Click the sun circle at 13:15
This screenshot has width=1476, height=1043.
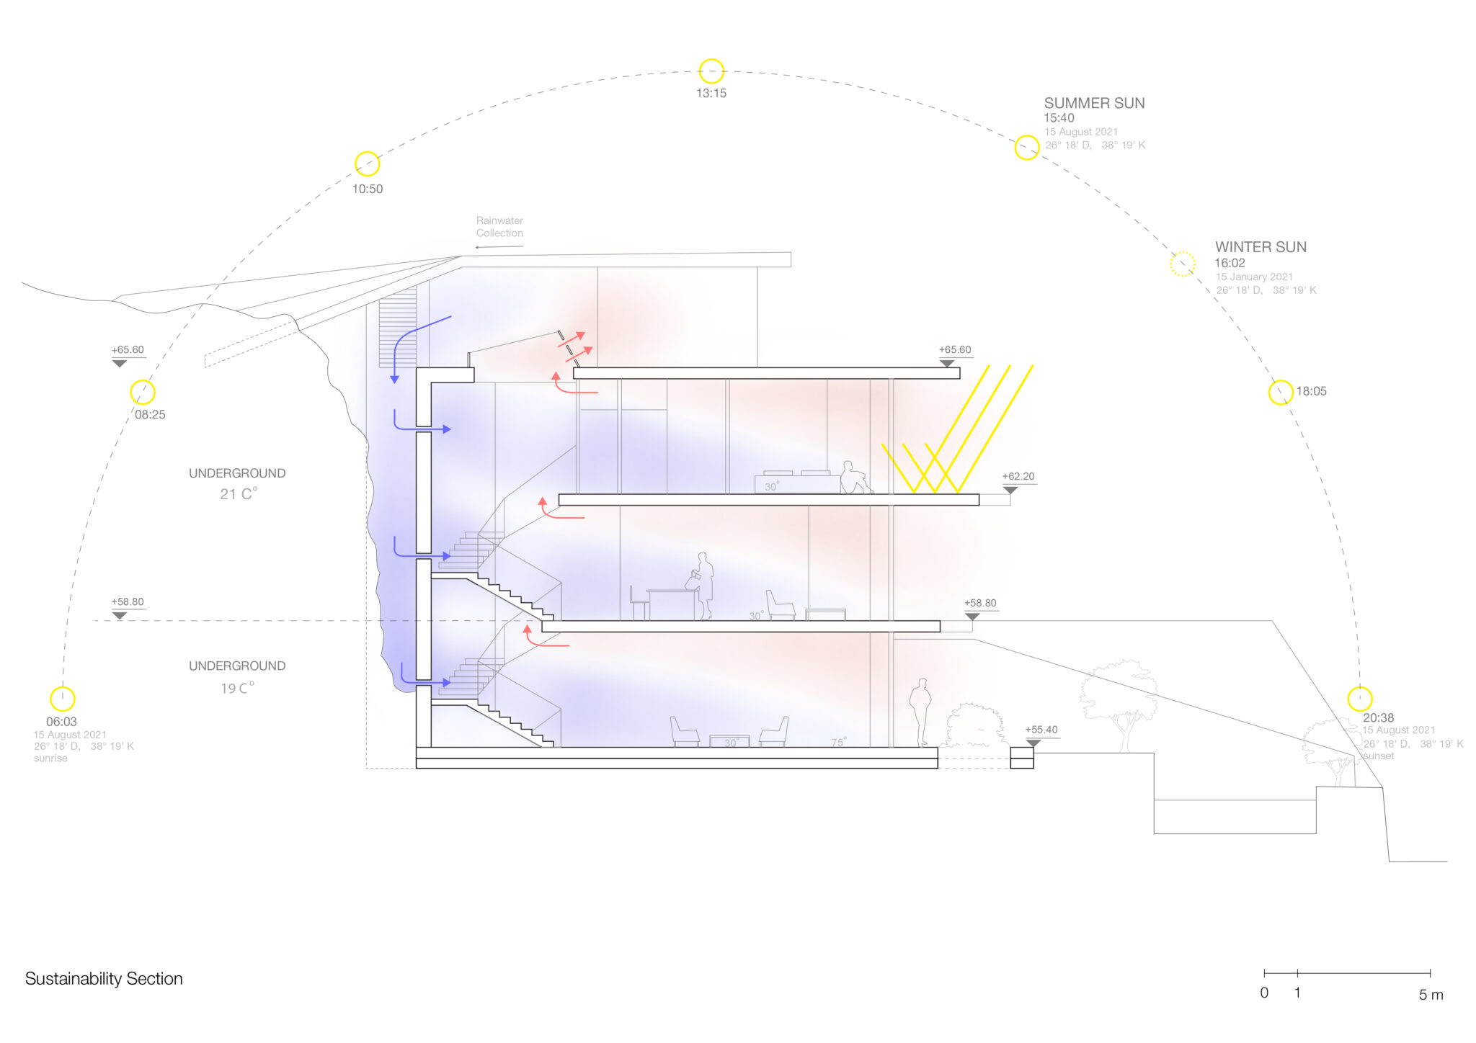tap(711, 71)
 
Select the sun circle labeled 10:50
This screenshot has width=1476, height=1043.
tap(368, 164)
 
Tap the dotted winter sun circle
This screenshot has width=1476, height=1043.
tap(1182, 264)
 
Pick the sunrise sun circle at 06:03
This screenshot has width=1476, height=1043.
tap(63, 699)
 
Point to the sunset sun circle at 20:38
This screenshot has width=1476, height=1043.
tap(1360, 699)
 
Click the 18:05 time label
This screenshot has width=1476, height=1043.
tap(1311, 391)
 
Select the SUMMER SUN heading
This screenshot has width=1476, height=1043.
tap(1094, 103)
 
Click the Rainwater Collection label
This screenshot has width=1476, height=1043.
tap(499, 227)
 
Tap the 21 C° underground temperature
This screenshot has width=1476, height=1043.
tap(239, 494)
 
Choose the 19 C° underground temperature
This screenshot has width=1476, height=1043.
tap(237, 688)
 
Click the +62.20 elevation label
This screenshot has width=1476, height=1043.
tap(1018, 477)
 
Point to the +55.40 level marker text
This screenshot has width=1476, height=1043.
tap(1041, 730)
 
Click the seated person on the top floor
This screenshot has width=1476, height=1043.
tap(853, 478)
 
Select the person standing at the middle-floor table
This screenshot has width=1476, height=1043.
tap(703, 586)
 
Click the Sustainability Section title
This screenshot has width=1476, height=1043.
tap(104, 979)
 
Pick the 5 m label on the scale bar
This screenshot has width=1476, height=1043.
tap(1431, 995)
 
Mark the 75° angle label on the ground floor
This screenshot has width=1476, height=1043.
tap(838, 742)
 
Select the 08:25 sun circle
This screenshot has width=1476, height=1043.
tap(143, 392)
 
